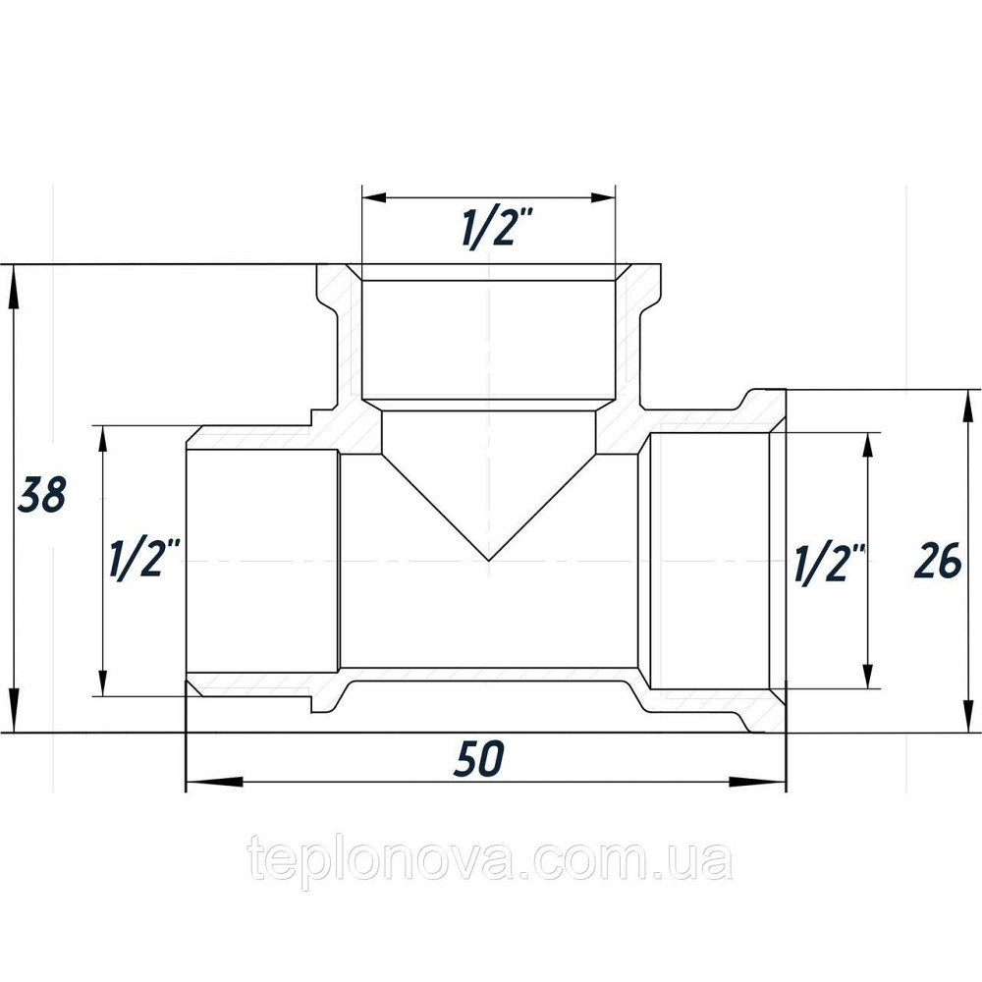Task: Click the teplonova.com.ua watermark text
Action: tap(490, 861)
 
